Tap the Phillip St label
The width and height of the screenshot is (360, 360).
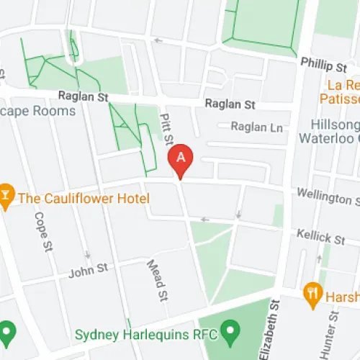coord(325,66)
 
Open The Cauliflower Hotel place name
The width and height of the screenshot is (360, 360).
coord(84,198)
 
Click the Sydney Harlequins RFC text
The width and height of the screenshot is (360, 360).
coord(147,335)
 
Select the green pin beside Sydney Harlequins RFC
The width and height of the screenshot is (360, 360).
coord(230,333)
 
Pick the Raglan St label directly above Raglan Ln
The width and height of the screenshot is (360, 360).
coord(230,104)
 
